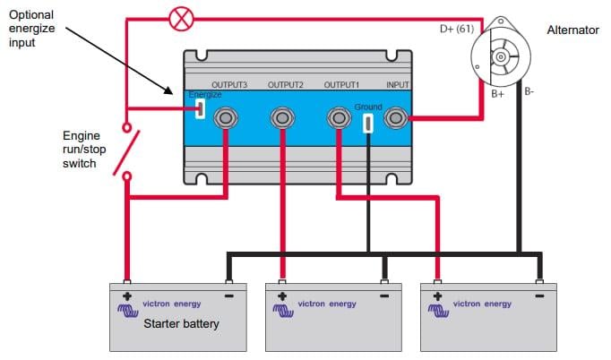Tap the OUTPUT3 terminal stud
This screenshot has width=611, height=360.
[226, 117]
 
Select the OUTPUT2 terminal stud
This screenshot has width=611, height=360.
[282, 117]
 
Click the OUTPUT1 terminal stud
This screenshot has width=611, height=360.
[339, 117]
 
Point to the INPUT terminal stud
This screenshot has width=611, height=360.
[394, 117]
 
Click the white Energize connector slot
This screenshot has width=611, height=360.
[200, 109]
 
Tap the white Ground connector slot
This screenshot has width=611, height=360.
[368, 123]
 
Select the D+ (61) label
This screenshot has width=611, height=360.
[456, 29]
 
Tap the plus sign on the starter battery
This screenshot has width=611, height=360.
[127, 296]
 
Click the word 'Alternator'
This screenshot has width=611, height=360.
[572, 30]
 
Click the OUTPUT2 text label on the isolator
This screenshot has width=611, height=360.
[286, 85]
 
